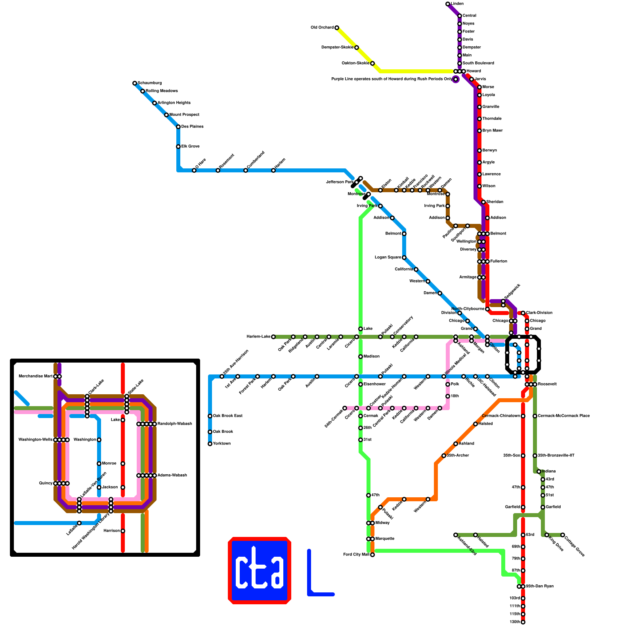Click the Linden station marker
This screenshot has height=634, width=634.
(x=448, y=4)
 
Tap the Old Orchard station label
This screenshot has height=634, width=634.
(x=322, y=28)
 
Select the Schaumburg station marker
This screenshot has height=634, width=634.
(x=135, y=83)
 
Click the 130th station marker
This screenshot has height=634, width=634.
(x=523, y=622)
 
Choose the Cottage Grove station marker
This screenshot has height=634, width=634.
(x=563, y=535)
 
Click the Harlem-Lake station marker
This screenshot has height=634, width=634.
(x=273, y=337)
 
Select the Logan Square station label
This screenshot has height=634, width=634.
(x=388, y=258)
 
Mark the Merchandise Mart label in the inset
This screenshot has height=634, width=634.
(x=36, y=376)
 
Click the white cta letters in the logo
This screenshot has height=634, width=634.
(x=260, y=571)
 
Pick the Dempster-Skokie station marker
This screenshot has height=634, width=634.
(x=357, y=48)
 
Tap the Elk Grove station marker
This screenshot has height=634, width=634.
(x=178, y=147)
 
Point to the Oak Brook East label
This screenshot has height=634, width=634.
(x=227, y=416)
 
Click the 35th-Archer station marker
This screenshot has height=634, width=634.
(x=444, y=456)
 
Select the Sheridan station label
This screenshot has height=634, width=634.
(x=495, y=202)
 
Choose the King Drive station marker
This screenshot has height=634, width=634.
(x=547, y=535)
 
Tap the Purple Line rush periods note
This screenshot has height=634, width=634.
(x=391, y=79)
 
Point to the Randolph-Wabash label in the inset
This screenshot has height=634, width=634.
(x=175, y=424)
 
